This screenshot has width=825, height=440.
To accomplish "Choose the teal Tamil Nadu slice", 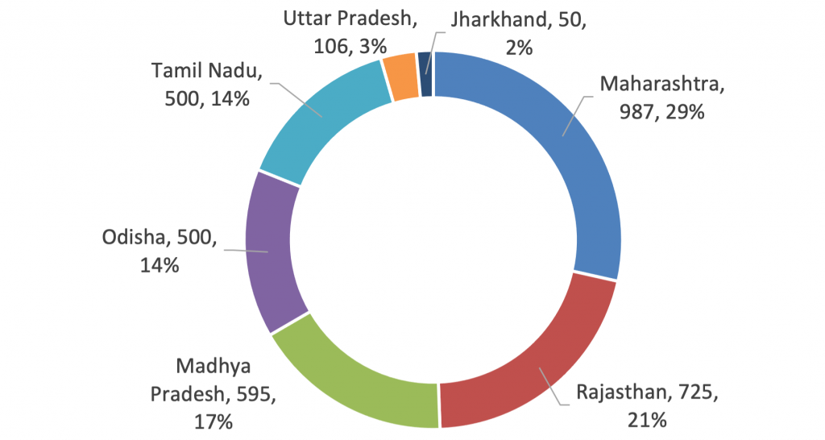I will click(x=322, y=121).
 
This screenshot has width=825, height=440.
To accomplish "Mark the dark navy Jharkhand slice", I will click(x=425, y=74).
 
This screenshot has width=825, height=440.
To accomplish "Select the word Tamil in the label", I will click(x=176, y=71).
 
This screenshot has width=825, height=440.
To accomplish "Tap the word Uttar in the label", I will click(x=309, y=18).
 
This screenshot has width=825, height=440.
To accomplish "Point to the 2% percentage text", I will click(x=518, y=47).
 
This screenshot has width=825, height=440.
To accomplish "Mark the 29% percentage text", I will click(x=683, y=112).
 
